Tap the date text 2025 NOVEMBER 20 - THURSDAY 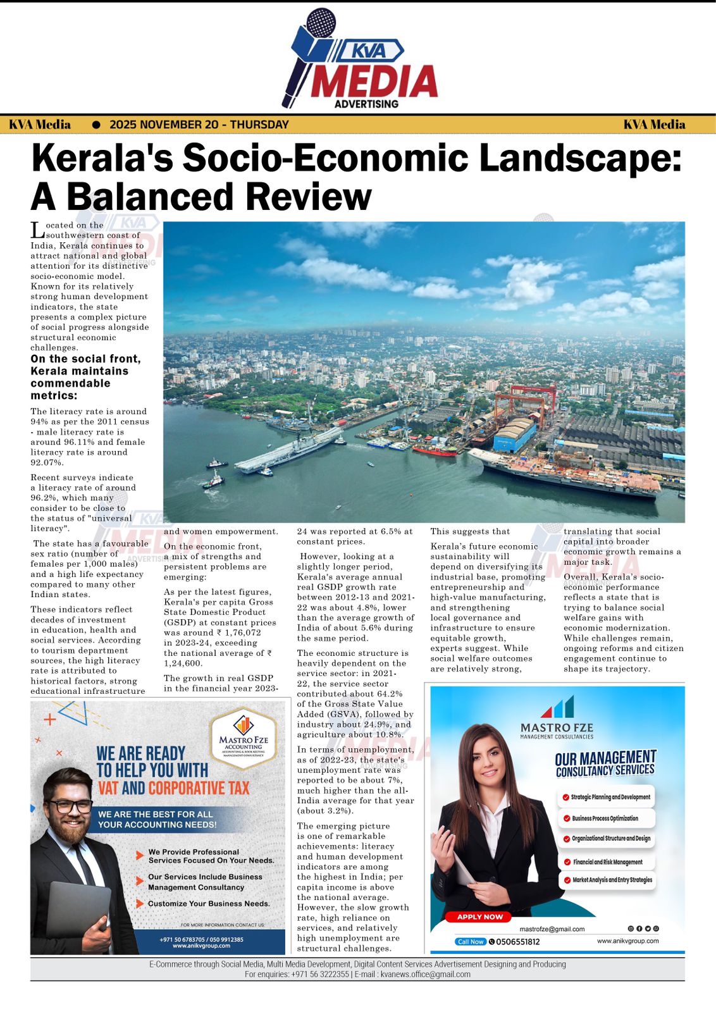coord(199,125)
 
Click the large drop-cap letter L coord(37,230)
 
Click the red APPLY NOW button coord(479,916)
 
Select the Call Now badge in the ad coord(471,942)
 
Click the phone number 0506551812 coord(518,942)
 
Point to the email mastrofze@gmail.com coord(552,929)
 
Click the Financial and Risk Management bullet coord(607,862)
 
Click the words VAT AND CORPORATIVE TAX coord(173,788)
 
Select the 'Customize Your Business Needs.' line coord(209,904)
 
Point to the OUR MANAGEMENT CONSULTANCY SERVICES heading coord(605,763)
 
